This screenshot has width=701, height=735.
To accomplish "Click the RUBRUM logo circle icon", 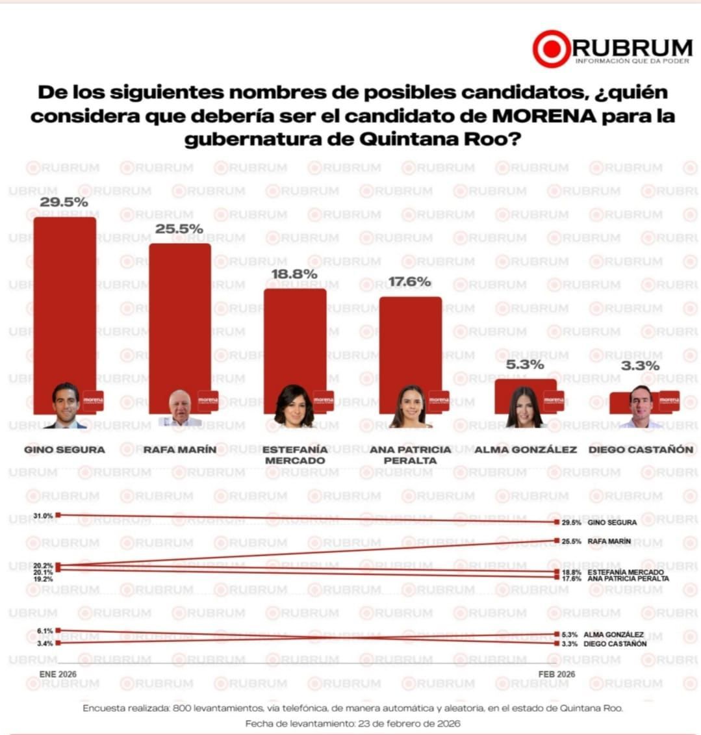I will [x=551, y=49].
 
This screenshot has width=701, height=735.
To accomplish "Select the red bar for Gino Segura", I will [x=65, y=299].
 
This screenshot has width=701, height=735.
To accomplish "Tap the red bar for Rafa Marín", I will [x=180, y=312].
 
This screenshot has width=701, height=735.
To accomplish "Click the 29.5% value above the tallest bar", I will [x=64, y=202].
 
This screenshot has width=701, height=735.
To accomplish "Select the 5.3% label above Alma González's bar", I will [x=525, y=365].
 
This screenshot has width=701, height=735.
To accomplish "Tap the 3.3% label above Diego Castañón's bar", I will [x=640, y=366].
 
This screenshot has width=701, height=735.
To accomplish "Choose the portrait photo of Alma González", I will [x=524, y=407].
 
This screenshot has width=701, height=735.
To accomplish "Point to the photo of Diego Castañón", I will [x=641, y=407].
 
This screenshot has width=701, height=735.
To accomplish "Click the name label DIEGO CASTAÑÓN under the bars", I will [x=641, y=449].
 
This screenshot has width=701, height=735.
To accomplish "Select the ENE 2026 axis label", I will [x=58, y=674].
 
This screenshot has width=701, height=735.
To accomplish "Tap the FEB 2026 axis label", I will [x=557, y=674].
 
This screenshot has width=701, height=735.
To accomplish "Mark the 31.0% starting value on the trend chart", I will [x=44, y=515].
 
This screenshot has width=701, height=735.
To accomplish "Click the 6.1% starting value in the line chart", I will [x=45, y=630].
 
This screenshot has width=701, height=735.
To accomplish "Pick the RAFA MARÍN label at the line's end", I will [x=609, y=541].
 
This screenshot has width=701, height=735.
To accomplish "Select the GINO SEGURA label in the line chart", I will [x=612, y=522].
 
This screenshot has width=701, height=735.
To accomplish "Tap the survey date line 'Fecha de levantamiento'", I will [x=353, y=723].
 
